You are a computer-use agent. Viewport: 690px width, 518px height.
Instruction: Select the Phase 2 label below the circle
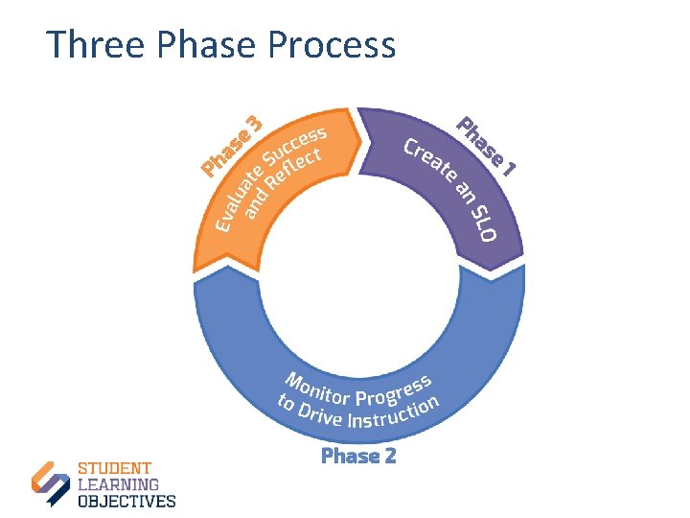358,456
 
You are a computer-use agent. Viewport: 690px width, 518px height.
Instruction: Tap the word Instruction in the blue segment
393,412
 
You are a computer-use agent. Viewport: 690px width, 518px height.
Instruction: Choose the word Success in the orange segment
296,144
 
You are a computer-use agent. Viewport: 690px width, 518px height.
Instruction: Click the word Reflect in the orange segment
299,167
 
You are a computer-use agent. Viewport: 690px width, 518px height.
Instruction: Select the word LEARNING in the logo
118,485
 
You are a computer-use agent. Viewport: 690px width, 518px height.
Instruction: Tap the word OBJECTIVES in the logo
126,501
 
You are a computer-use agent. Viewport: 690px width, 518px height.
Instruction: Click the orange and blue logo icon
51,483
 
